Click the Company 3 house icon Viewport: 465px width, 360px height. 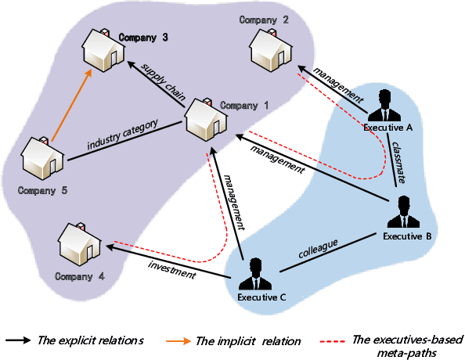coord(102,50)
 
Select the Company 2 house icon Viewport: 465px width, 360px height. coord(270,49)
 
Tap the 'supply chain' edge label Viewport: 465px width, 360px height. coord(163,84)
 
